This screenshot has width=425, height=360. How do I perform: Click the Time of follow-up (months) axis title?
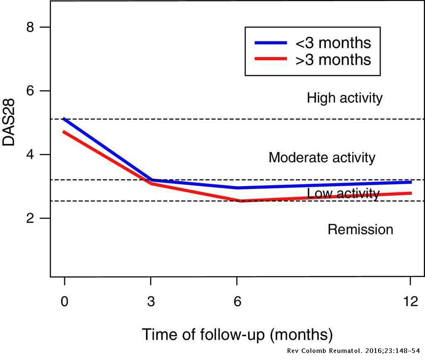tap(237, 334)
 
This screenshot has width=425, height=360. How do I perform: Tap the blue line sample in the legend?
tap(270, 43)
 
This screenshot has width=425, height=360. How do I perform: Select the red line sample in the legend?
tap(270, 59)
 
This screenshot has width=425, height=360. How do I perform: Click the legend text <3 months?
tap(333, 43)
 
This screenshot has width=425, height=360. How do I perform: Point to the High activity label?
tap(344, 98)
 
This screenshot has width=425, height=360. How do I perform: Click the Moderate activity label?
tap(322, 158)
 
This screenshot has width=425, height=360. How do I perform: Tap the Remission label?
tap(360, 230)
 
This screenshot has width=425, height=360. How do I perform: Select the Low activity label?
tap(343, 193)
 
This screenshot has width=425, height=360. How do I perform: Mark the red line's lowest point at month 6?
tap(240, 201)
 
